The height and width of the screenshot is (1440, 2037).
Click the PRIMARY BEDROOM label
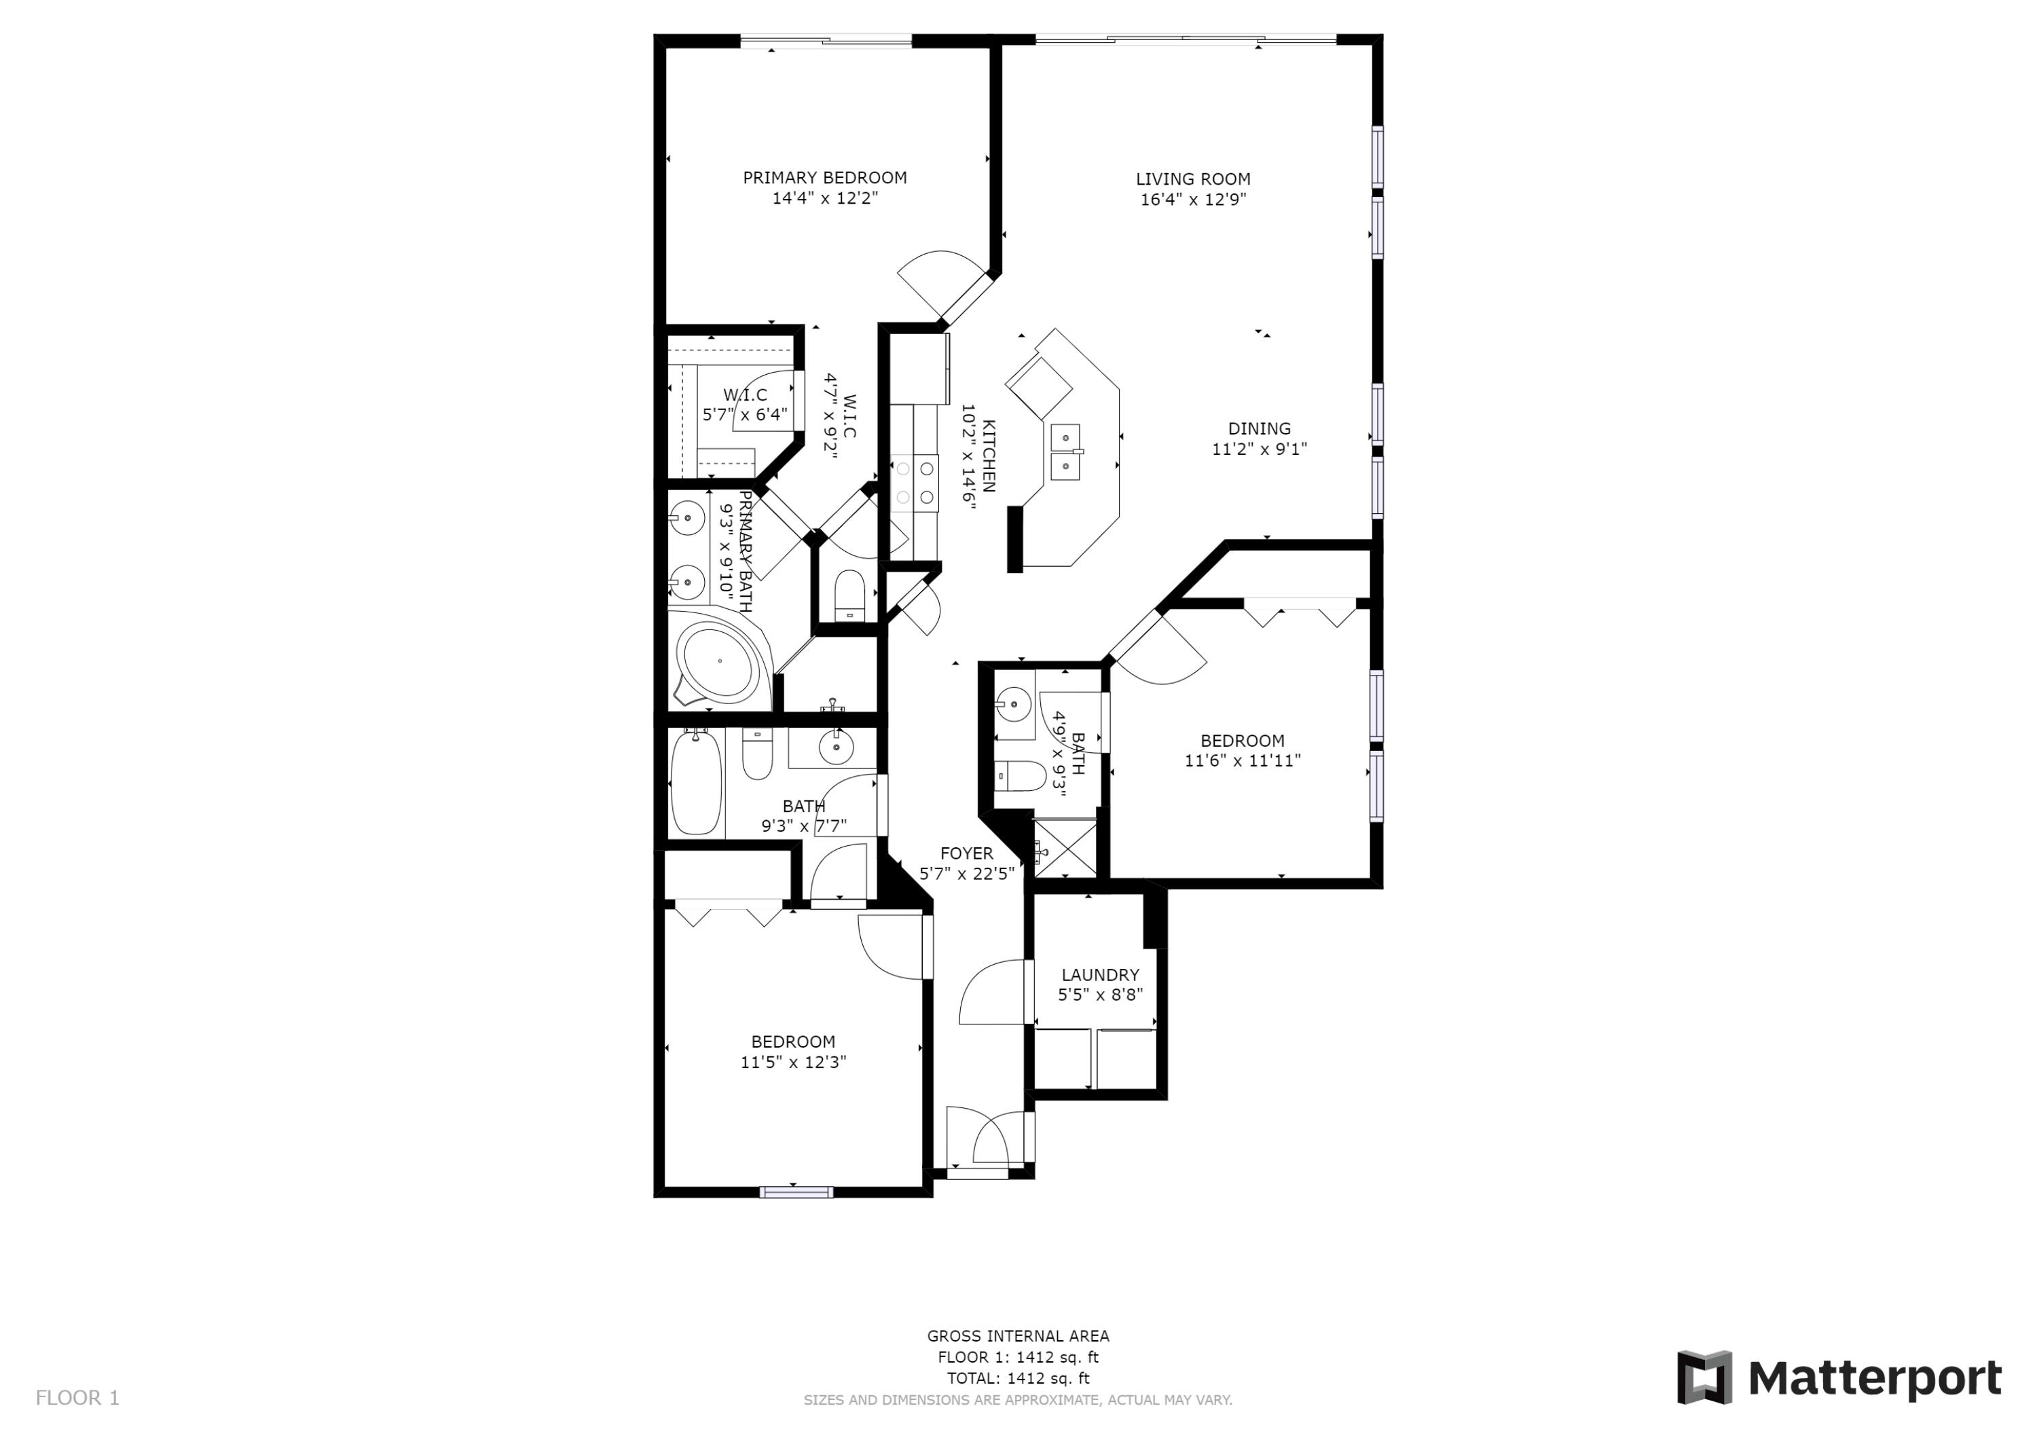(x=824, y=177)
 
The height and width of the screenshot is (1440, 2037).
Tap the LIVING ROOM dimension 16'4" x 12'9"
(x=1192, y=200)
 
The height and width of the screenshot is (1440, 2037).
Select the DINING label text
(x=1259, y=428)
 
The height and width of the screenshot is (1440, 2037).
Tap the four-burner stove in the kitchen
(x=915, y=483)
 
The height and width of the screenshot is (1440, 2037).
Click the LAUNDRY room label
(x=1099, y=974)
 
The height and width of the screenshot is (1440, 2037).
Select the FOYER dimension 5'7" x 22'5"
(x=966, y=874)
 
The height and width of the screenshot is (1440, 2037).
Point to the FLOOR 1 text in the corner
(x=77, y=1399)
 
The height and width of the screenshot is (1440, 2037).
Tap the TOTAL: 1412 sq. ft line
(x=1018, y=1378)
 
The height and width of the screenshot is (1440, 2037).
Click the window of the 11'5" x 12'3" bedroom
(x=796, y=1192)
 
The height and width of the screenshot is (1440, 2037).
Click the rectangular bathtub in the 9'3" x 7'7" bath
(x=695, y=783)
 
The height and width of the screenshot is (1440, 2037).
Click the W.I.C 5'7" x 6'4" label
(x=744, y=405)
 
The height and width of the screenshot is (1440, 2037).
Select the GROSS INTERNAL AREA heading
(x=1018, y=1335)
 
